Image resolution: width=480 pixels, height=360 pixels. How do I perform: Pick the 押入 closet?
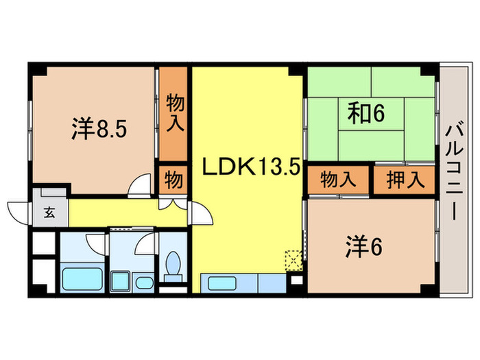pos(405,180)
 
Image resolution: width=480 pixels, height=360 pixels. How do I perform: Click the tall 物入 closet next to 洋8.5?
pos(173,114)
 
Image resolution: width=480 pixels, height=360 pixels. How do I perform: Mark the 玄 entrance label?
pos(49,213)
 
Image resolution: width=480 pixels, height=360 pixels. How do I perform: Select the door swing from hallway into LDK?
pos(202,215)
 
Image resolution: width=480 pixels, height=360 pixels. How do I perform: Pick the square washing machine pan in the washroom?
pos(121,280)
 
